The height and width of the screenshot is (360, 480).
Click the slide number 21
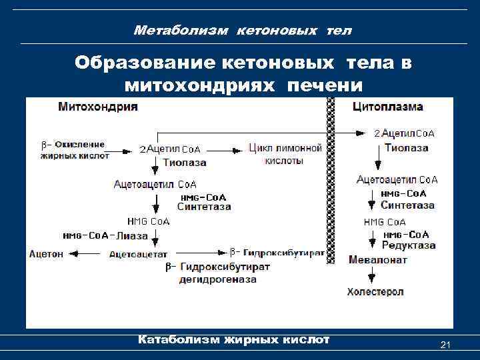pos(447,345)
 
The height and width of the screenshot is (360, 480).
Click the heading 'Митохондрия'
pos(98,107)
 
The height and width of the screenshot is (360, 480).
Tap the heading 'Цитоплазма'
pos(387,107)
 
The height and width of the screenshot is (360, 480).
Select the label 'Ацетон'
pos(47,253)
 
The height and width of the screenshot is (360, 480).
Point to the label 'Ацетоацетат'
pos(139,253)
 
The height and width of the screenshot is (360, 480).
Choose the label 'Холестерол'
pos(375,292)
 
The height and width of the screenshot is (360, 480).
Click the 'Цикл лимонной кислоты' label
pos(285,154)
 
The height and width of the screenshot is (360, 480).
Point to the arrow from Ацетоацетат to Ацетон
pos(85,253)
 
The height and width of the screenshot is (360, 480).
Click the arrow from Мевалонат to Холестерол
pos(369,275)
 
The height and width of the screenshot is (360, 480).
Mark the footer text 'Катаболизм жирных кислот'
pos(233,340)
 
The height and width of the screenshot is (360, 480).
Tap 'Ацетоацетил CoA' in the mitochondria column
pos(155,184)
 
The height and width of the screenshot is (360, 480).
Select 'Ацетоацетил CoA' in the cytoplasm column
pos(397,179)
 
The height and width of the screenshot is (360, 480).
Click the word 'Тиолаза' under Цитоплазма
pos(406,148)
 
